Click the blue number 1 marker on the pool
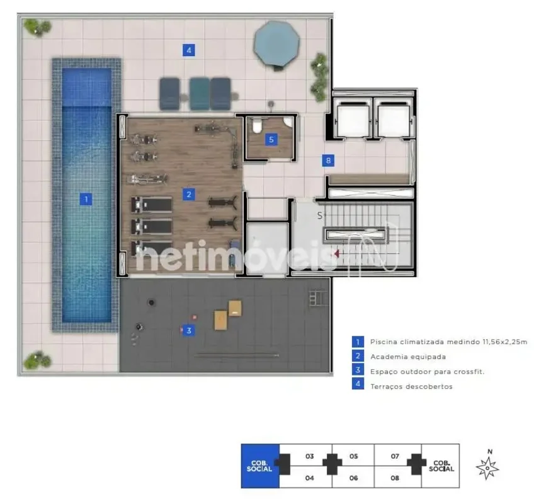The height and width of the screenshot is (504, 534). pyautogui.click(x=86, y=199)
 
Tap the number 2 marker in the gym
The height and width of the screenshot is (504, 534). pyautogui.click(x=189, y=195)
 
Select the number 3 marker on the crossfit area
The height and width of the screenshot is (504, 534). pyautogui.click(x=189, y=330)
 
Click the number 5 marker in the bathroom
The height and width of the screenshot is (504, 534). pyautogui.click(x=271, y=139)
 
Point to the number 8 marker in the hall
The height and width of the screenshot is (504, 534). pyautogui.click(x=328, y=161)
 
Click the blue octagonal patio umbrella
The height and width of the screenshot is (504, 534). pyautogui.click(x=276, y=44)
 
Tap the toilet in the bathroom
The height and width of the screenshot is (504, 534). pyautogui.click(x=256, y=125)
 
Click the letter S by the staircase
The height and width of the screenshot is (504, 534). pyautogui.click(x=320, y=215)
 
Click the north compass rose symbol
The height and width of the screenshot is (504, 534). pyautogui.click(x=487, y=467)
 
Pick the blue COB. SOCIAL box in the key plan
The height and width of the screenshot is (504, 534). pyautogui.click(x=260, y=466)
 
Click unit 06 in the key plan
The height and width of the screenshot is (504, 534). pyautogui.click(x=353, y=478)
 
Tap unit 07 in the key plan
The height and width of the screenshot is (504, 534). pyautogui.click(x=395, y=456)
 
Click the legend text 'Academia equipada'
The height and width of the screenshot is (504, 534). pyautogui.click(x=408, y=357)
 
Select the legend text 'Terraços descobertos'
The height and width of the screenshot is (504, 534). pyautogui.click(x=411, y=386)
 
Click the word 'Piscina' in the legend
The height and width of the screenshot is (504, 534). pyautogui.click(x=383, y=342)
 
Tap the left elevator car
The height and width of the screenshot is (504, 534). pyautogui.click(x=353, y=120)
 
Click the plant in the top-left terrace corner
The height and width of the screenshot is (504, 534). pyautogui.click(x=37, y=27)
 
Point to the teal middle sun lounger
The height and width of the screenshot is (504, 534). pyautogui.click(x=200, y=94)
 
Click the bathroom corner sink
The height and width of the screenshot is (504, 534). pyautogui.click(x=288, y=122)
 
